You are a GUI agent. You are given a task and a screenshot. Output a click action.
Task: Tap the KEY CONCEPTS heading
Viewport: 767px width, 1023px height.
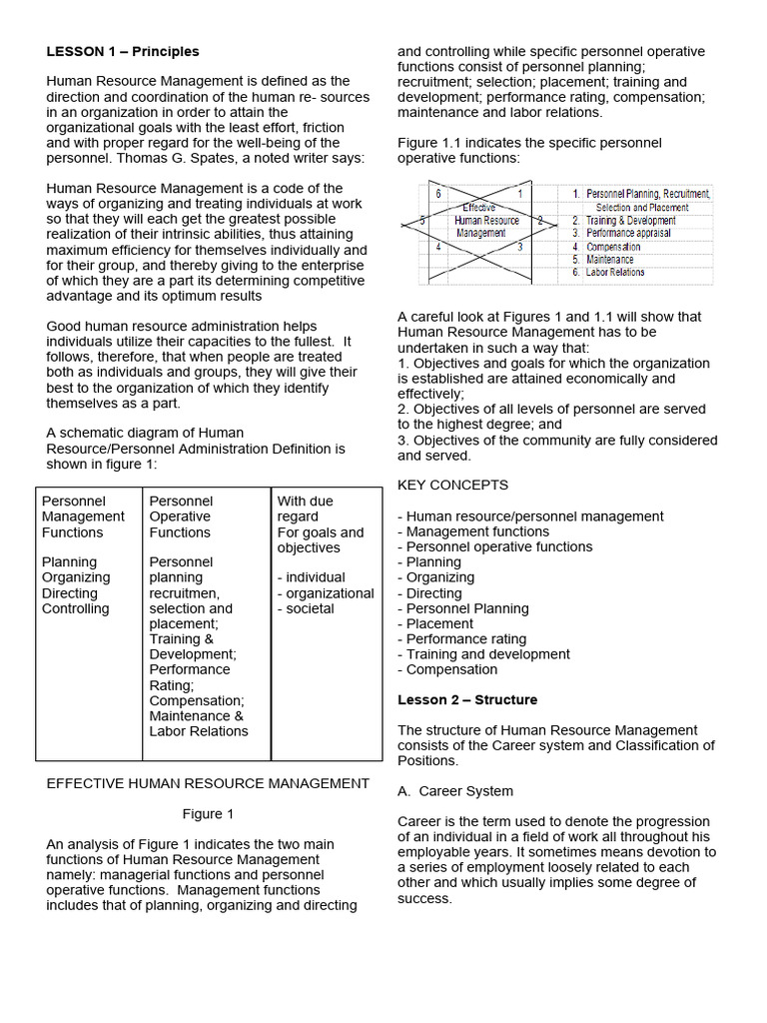coord(452,485)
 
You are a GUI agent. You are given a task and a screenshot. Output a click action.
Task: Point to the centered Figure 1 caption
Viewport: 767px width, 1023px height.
coord(208,813)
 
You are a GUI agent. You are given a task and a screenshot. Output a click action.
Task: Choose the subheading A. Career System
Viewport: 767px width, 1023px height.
coord(455,791)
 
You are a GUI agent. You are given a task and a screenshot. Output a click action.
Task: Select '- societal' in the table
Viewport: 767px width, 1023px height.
coord(306,608)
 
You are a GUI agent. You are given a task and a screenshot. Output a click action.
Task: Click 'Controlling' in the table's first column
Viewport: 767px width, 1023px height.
coord(76,608)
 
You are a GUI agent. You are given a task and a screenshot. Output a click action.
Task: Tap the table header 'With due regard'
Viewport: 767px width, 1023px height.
coord(305,509)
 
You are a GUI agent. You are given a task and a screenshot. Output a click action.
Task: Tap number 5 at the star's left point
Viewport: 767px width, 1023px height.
coord(422,220)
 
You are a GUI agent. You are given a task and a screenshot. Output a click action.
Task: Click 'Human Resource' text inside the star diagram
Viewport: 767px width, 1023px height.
coord(486,220)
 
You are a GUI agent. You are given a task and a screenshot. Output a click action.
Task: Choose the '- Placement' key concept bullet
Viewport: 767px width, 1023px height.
coord(435,623)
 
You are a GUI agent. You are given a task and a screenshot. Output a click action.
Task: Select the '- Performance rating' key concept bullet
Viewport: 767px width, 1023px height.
coord(461,638)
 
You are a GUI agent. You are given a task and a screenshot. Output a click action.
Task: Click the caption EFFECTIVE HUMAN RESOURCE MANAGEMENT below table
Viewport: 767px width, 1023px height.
coord(208,783)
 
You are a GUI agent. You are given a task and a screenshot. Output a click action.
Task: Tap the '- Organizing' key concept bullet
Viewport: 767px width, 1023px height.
coord(436,577)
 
